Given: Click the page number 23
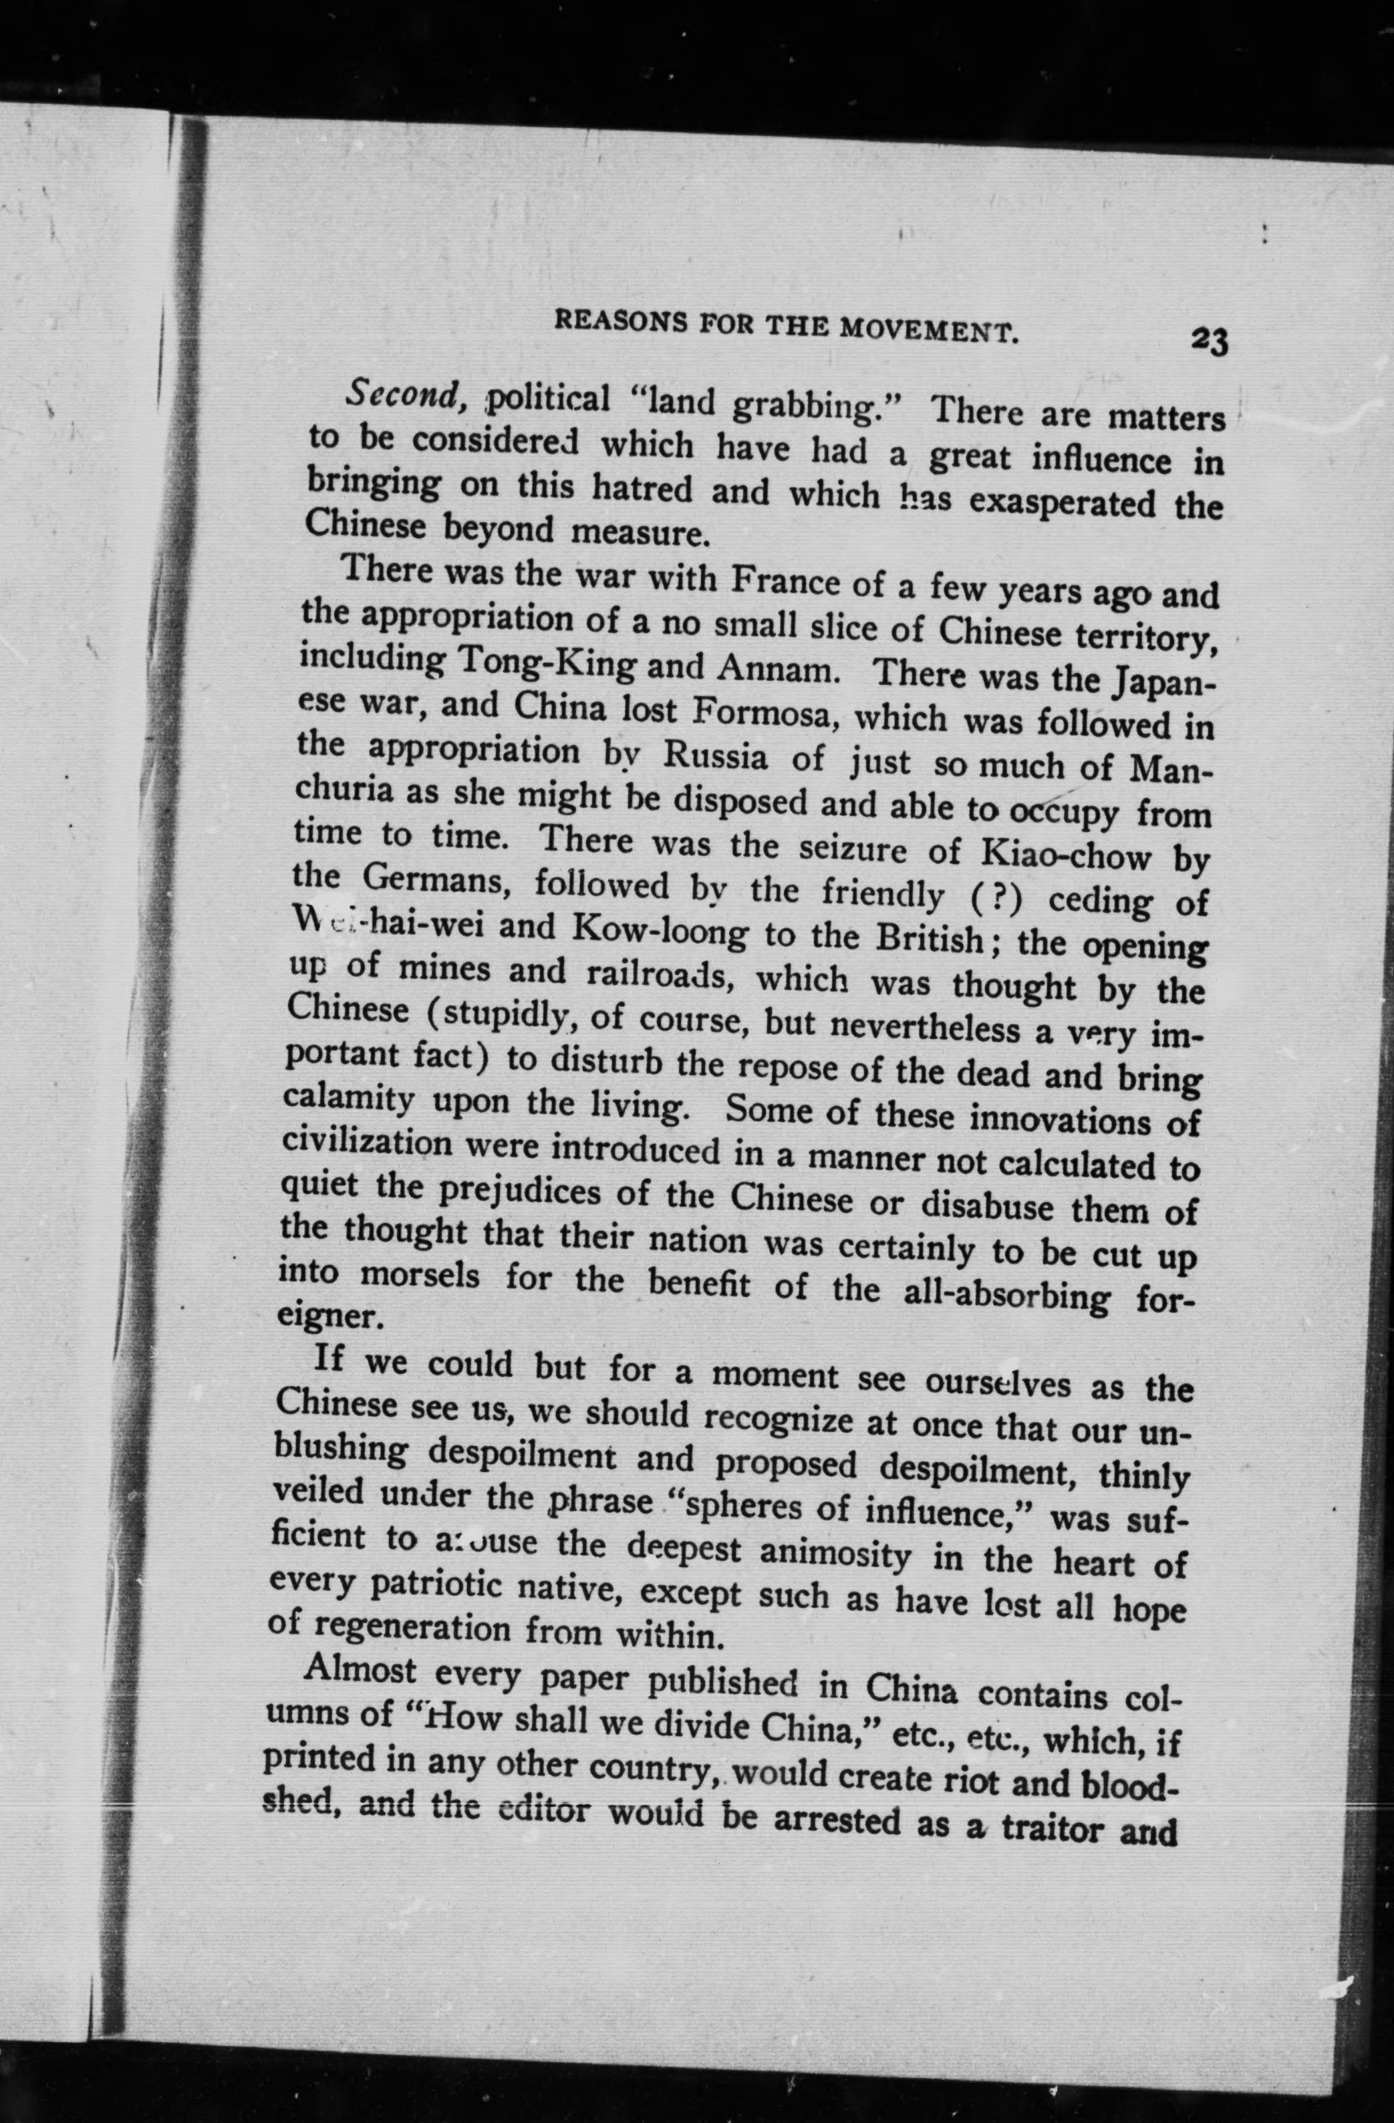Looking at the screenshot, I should (1208, 341).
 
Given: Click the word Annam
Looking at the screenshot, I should (779, 669).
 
